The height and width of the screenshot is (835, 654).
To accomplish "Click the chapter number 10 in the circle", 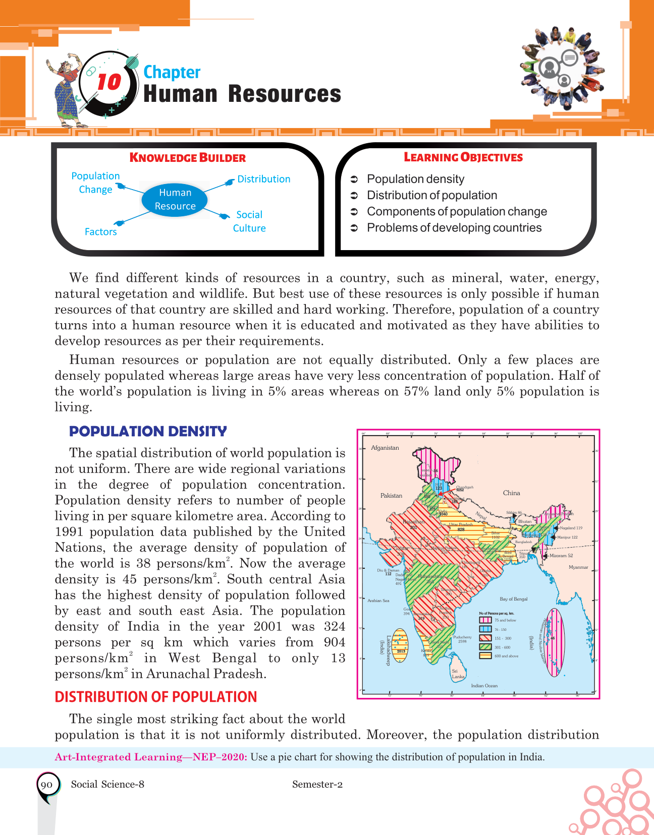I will tap(109, 82).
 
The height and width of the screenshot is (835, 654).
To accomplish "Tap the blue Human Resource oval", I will tap(175, 200).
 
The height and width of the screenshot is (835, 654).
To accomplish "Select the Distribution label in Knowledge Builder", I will tap(263, 179).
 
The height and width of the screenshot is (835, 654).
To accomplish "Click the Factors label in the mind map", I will tap(100, 232).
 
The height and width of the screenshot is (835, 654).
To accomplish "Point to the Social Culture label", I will tap(249, 221).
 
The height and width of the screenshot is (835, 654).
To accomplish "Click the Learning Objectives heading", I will tap(463, 157).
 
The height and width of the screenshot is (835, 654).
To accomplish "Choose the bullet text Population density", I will tap(415, 179).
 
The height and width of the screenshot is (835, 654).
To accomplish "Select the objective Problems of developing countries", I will tap(454, 228).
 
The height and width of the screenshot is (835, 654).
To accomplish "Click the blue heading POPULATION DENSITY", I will tap(148, 432).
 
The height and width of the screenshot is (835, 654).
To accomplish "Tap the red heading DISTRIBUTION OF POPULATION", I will tap(156, 697).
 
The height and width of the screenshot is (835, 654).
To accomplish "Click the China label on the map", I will tap(511, 493).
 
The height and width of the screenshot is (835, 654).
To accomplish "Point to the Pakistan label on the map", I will tap(391, 496).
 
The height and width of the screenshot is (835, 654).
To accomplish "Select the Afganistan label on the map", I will tap(385, 448).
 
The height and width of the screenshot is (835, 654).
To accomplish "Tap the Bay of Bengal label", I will tap(513, 599).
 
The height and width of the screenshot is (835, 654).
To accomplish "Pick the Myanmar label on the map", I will tap(578, 567).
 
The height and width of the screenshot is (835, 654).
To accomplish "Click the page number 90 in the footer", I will tap(46, 785).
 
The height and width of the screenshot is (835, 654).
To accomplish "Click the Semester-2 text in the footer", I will tap(317, 784).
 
